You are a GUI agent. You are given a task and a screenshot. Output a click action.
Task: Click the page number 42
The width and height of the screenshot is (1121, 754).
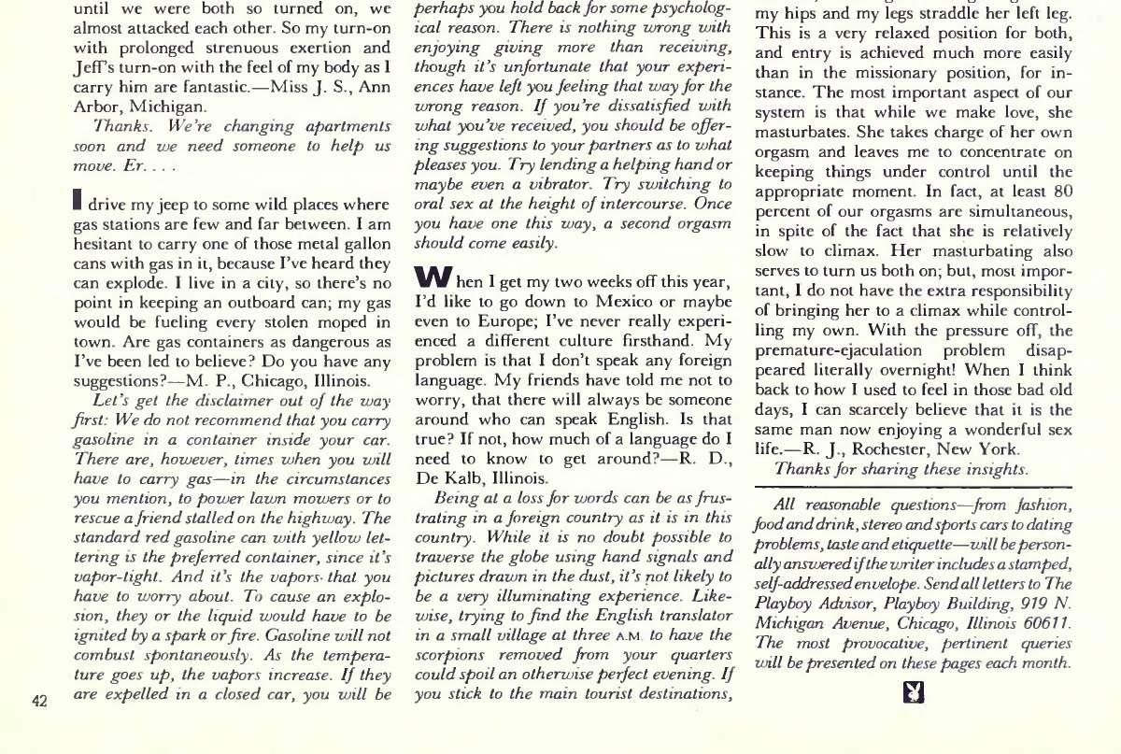coord(39,703)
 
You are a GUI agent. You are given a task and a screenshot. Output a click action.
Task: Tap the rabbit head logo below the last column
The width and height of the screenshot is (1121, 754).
coord(915,693)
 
